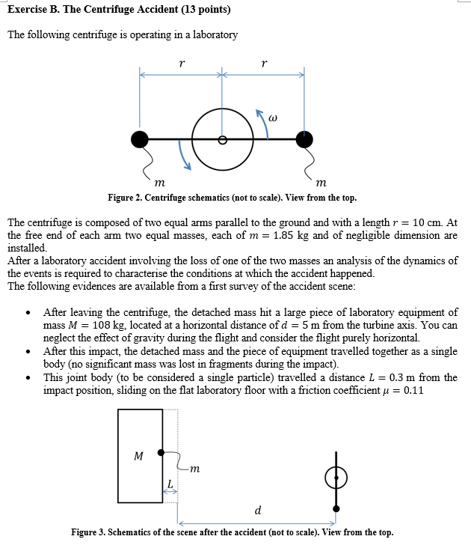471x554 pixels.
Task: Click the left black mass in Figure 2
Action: click(x=140, y=138)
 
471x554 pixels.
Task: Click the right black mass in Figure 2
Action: click(x=304, y=138)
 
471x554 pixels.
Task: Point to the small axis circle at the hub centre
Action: click(x=222, y=139)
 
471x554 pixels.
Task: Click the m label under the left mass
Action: click(x=158, y=182)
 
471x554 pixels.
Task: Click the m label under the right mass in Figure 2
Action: click(x=321, y=182)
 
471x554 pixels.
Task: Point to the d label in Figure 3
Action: click(x=258, y=511)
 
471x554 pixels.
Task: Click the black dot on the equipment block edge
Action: click(x=161, y=452)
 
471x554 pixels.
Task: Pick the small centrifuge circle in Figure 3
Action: click(x=336, y=477)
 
